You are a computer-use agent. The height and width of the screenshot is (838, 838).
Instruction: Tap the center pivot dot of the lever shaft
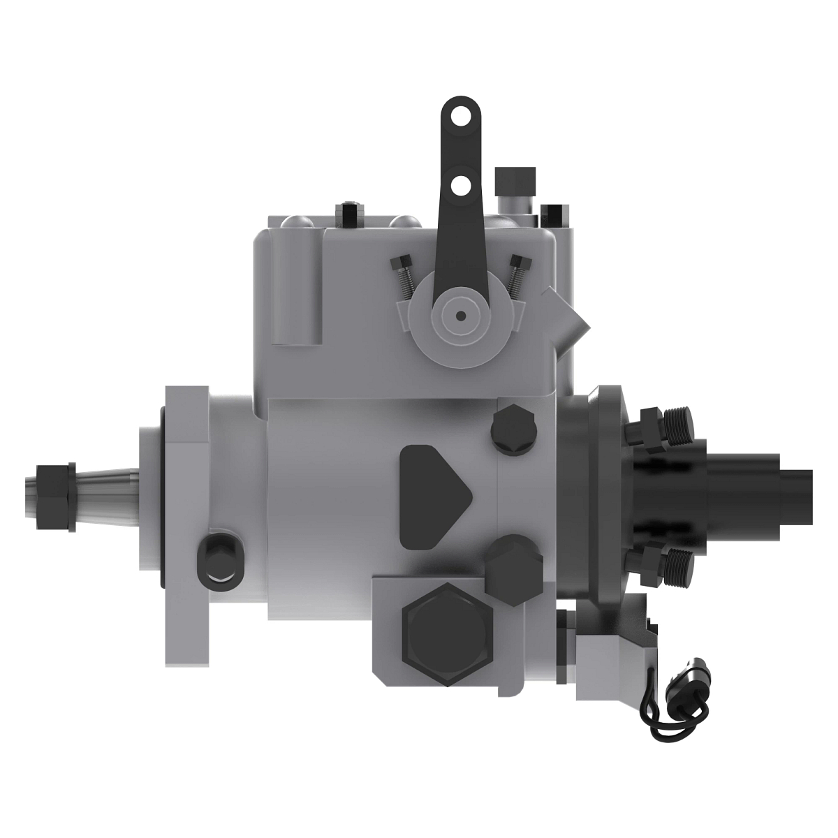(x=460, y=316)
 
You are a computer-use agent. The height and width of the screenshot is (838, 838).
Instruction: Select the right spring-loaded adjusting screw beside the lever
(x=516, y=274)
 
